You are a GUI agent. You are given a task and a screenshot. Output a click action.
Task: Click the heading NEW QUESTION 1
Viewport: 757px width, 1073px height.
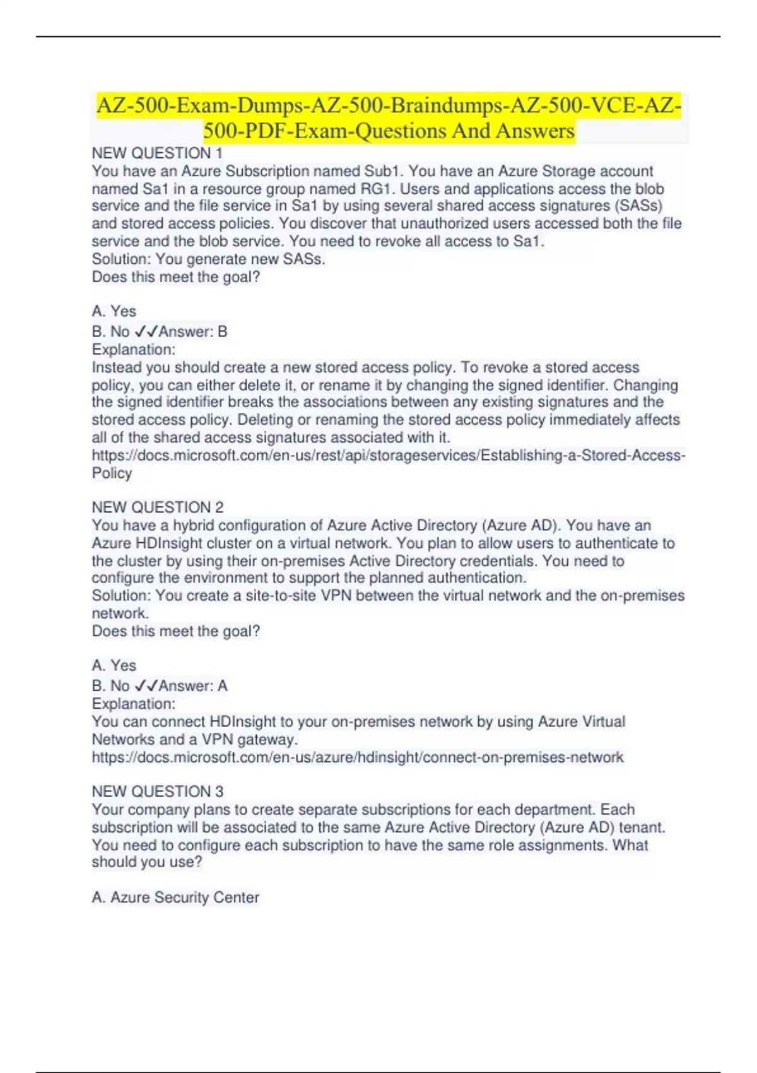click(x=157, y=153)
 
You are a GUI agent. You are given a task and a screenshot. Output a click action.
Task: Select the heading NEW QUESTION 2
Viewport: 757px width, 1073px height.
click(x=158, y=507)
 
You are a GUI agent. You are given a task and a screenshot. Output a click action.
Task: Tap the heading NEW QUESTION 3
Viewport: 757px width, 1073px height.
click(x=158, y=791)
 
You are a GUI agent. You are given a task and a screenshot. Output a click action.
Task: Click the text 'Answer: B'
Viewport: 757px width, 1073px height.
click(x=192, y=331)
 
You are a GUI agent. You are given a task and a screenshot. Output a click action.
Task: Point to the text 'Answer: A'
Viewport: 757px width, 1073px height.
click(x=192, y=686)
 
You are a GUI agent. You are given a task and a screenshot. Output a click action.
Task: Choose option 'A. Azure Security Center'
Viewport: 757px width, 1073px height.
click(x=175, y=898)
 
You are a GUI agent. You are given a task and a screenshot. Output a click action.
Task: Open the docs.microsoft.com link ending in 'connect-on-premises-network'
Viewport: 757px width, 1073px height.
click(x=357, y=757)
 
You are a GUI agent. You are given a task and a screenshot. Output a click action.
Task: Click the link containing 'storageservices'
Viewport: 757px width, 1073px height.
click(x=388, y=456)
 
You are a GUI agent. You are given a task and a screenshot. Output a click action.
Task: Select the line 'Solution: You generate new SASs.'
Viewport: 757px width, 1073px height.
click(x=208, y=259)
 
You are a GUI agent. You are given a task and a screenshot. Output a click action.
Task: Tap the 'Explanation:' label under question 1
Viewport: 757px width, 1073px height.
click(x=134, y=350)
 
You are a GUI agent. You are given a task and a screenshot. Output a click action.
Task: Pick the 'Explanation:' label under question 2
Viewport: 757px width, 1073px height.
click(x=134, y=704)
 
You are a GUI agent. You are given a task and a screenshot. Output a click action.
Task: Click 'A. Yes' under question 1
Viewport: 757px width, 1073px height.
click(x=114, y=311)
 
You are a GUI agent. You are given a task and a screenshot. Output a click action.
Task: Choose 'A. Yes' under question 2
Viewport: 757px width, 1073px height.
click(x=114, y=665)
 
